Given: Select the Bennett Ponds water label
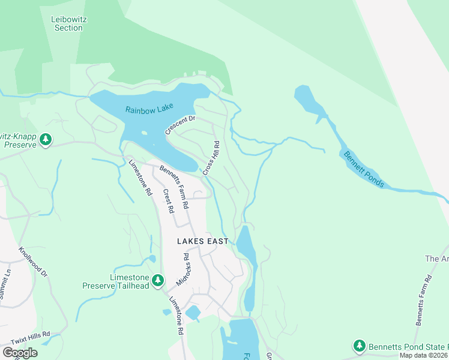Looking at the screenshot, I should [x=362, y=169].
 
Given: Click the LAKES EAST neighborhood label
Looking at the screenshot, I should [x=202, y=241].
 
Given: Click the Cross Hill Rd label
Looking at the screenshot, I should [x=211, y=158].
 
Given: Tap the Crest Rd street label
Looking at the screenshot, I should [x=168, y=202].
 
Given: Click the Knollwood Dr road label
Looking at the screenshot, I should [x=33, y=262].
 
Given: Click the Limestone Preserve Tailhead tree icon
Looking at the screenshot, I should [x=157, y=280].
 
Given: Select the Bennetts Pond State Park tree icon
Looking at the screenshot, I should [x=359, y=346].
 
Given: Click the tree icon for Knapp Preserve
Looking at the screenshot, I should [x=46, y=140].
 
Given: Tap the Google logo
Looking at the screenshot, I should [x=20, y=352].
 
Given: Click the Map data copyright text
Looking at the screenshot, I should [x=424, y=355].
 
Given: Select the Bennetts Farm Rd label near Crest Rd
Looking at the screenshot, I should [x=175, y=187].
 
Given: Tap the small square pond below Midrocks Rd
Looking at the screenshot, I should [x=193, y=313].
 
